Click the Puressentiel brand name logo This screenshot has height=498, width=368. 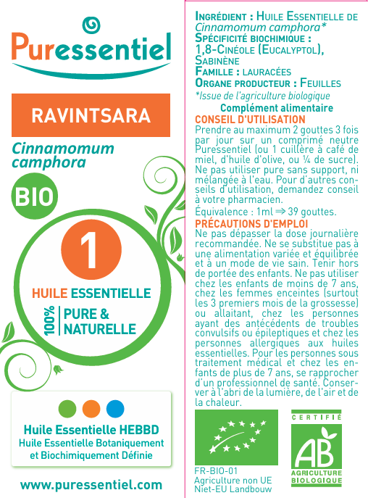point(91,51)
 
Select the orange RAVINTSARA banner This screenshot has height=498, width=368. point(91,116)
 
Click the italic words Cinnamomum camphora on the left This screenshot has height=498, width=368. point(64,156)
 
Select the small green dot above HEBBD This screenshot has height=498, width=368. point(67,408)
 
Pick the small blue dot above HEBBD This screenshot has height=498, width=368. point(115,408)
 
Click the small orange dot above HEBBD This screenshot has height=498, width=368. point(91,408)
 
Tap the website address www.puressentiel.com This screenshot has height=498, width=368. point(91,484)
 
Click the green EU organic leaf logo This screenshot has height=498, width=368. point(236,438)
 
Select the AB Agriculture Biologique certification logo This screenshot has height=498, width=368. point(316,449)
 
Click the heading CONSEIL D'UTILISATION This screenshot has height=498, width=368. point(251,119)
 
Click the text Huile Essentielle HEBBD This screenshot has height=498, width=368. point(91,429)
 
